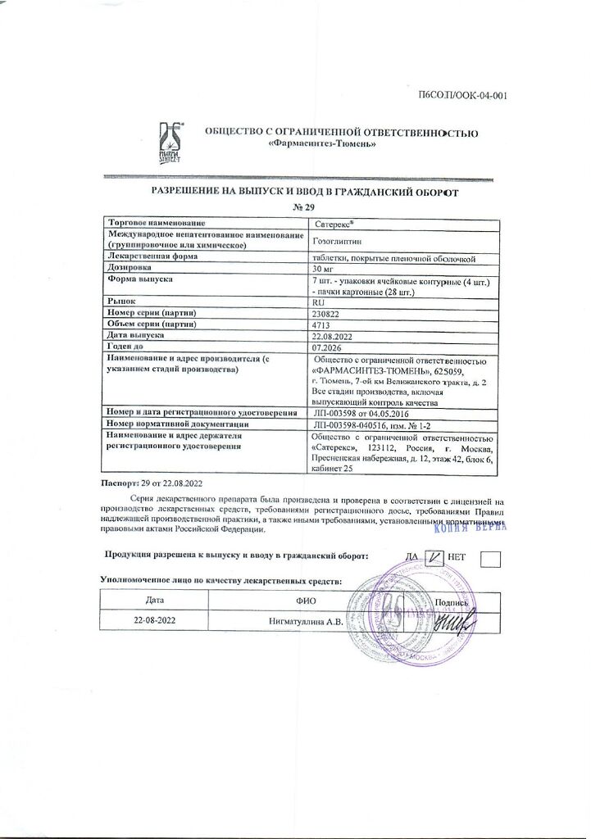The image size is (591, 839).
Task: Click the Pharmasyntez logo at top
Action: coord(170,143)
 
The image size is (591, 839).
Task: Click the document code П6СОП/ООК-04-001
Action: coord(463,96)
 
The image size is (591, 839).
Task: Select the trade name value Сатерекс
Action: coord(333,223)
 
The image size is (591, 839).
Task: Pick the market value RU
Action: coord(320,302)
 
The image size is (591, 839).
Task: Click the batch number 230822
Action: coord(328,313)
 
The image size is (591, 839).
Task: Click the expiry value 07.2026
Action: coord(329,347)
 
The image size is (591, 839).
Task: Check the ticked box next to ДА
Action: coord(436,558)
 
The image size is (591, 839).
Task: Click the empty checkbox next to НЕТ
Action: coord(491,559)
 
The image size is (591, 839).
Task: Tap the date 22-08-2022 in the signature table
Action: coord(156,620)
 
